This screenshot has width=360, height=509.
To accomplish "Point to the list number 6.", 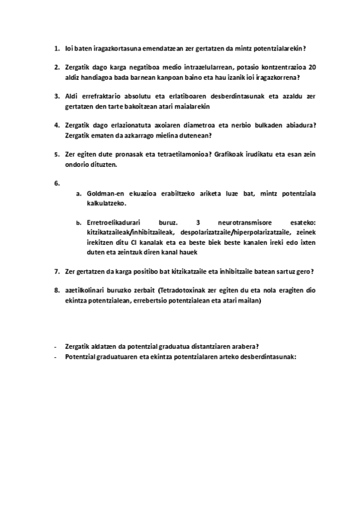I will coord(57,183).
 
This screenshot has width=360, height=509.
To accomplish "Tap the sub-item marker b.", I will coord(78,222).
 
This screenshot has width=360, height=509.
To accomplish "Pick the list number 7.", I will coord(56,271).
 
